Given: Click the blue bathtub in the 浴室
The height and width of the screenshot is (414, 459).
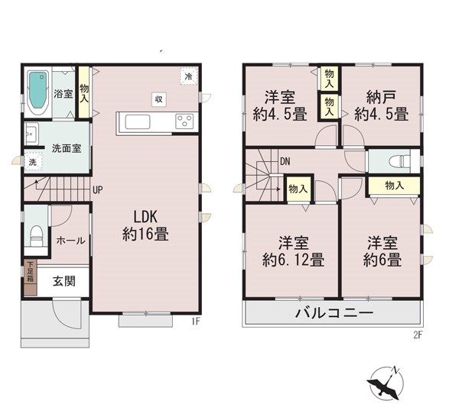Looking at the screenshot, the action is tap(38, 90).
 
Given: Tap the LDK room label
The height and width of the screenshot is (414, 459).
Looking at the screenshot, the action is tap(145, 217).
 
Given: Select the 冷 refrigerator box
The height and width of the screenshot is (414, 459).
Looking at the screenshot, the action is tap(189, 76).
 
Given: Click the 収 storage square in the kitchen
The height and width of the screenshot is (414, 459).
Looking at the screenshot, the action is tap(159, 99).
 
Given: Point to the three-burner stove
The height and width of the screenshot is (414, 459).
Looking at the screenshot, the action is tap(184, 121).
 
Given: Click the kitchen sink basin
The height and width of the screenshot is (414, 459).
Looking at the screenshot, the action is tap(138, 121).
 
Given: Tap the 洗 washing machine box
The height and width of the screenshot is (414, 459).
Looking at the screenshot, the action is tap(32, 161).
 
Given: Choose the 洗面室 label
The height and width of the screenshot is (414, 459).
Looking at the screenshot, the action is tap(67, 148).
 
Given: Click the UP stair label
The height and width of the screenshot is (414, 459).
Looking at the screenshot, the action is tap(98, 190).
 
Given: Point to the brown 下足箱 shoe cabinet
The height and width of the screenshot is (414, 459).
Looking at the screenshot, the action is tap(31, 277).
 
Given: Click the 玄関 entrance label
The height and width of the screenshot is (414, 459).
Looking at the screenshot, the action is tap(64, 281).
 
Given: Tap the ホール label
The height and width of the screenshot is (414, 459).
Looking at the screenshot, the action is tap(71, 241).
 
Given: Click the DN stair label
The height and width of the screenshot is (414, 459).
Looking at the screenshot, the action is tap(285, 161).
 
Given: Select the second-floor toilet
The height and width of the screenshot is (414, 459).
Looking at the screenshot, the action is tap(399, 161).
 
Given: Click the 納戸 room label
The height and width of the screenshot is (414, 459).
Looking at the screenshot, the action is tap(381, 97).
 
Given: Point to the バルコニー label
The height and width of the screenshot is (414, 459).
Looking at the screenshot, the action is tap(334, 313).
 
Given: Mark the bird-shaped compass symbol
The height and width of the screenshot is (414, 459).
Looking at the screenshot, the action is tap(386, 383).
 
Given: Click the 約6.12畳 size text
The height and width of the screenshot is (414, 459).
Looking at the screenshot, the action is tap(293, 260).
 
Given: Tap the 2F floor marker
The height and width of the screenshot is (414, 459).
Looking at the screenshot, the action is tap(418, 335).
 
